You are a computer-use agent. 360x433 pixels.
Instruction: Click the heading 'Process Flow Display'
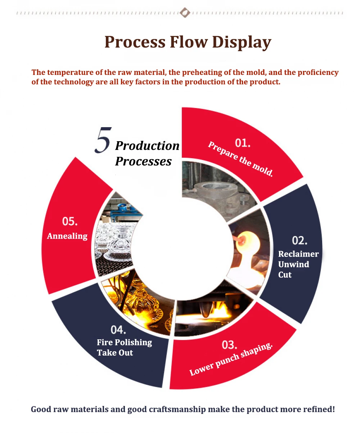(x=188, y=42)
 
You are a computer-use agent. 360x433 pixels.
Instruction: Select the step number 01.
(x=243, y=143)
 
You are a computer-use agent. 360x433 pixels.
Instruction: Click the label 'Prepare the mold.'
(x=240, y=159)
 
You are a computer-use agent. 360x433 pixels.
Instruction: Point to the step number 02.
(x=300, y=240)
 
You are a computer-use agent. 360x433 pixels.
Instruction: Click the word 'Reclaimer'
(x=298, y=254)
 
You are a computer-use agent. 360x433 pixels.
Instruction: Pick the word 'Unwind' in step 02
(x=293, y=264)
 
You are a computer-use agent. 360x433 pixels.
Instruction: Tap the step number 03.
(x=229, y=345)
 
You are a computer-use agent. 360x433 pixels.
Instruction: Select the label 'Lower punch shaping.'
(x=231, y=360)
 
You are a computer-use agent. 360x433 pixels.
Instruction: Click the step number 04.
(x=118, y=329)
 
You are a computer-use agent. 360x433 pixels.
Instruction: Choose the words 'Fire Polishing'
(x=124, y=342)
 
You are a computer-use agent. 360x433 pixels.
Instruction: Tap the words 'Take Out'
(x=115, y=353)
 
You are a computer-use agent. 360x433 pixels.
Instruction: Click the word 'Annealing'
(x=67, y=236)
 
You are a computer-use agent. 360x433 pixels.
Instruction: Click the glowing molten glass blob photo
(x=248, y=249)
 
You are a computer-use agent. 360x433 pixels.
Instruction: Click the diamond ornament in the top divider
(x=185, y=13)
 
